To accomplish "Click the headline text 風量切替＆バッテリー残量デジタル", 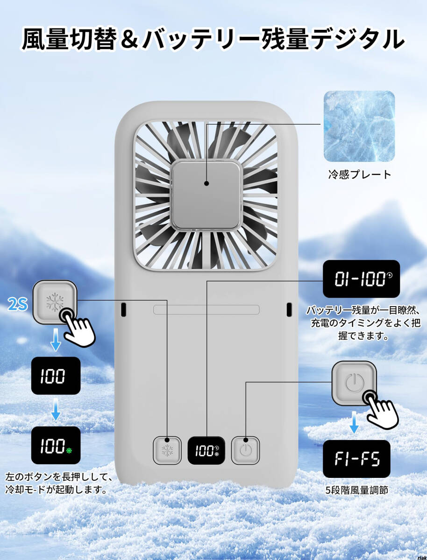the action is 213,39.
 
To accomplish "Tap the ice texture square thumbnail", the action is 359,126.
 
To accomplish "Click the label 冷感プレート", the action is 359,175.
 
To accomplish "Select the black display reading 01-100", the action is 361,279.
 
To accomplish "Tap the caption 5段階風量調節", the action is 356,490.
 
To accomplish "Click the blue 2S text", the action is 18,305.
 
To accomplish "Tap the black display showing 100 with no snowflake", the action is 56,376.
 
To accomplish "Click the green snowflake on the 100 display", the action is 70,451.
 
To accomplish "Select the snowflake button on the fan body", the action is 167,450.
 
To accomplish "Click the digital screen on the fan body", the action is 206,450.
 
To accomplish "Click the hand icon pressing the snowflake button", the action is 78,328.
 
